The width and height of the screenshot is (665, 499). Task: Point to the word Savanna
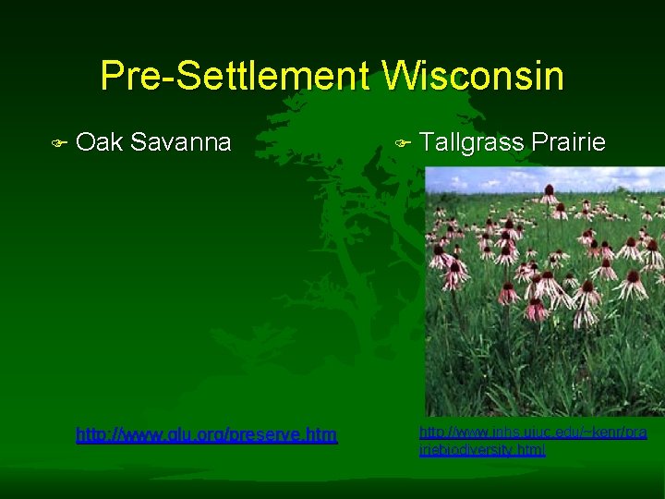point(181,142)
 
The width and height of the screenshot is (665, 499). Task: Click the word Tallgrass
point(470,142)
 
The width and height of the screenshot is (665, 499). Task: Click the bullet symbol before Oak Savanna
point(59,144)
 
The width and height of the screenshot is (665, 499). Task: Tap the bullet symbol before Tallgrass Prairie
point(402,144)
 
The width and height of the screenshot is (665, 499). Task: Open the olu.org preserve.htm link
point(206,434)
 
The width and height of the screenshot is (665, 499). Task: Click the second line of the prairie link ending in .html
point(482,450)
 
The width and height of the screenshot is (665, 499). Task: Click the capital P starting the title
point(113,76)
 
